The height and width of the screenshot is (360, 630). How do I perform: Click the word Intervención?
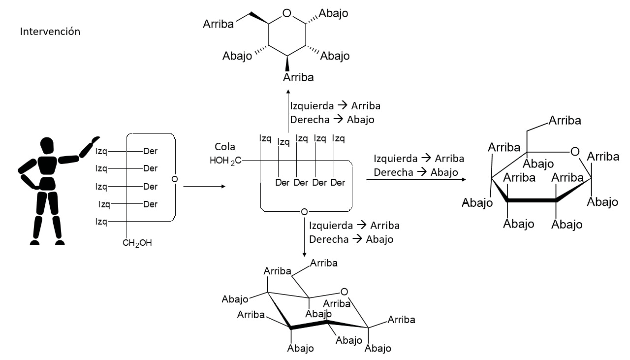(50, 32)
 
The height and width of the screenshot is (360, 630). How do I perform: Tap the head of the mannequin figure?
(47, 146)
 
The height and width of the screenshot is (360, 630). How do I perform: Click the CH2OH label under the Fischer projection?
(137, 242)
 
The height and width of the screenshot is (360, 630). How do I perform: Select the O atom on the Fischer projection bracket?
(174, 179)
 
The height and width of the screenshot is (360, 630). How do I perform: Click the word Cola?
(225, 147)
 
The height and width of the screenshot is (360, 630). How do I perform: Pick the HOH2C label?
(225, 160)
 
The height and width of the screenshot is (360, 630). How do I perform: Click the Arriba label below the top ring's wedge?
(298, 77)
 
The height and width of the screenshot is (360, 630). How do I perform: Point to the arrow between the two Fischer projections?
(204, 187)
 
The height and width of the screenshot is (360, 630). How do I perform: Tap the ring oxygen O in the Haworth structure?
(574, 152)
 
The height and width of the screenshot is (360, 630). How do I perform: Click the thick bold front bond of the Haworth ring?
(532, 200)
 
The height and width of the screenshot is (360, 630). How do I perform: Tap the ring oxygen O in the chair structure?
(344, 292)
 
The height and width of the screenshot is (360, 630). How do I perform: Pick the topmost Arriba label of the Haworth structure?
(565, 121)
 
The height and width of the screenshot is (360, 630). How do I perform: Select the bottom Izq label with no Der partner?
(101, 222)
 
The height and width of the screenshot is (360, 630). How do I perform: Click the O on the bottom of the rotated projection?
(304, 212)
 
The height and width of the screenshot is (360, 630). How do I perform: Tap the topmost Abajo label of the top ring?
(333, 13)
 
